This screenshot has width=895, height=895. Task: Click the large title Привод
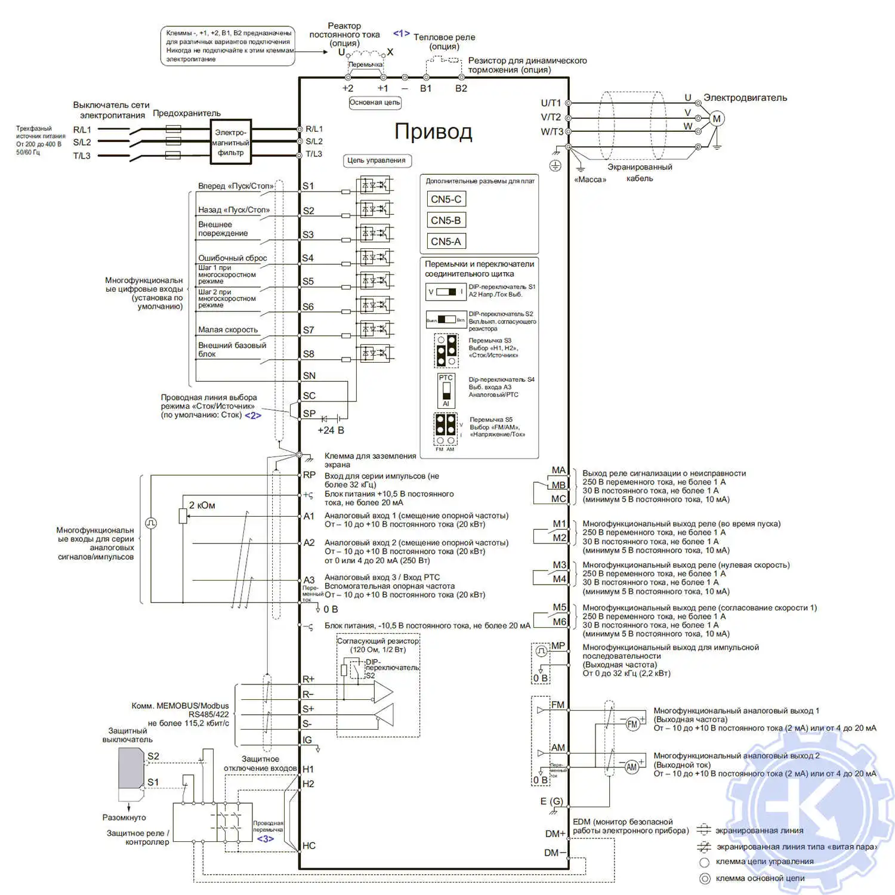(433, 131)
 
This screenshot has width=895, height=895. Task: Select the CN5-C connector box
(446, 199)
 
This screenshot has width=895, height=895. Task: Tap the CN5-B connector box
(446, 220)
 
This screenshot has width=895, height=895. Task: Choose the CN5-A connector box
(446, 241)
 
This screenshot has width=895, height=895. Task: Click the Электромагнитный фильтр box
(230, 142)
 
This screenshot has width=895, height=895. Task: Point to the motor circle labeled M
(717, 118)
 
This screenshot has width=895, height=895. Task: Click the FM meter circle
(632, 724)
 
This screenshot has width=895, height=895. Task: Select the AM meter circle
(631, 767)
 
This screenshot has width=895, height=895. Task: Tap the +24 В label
(331, 430)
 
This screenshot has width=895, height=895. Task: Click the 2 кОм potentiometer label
(202, 505)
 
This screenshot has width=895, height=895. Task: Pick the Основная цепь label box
(375, 103)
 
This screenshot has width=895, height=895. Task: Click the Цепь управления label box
(376, 161)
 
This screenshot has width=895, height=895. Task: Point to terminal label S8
(308, 354)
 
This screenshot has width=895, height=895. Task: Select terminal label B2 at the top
(461, 88)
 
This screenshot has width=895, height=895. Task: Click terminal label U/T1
(551, 103)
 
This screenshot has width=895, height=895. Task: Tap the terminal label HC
(309, 845)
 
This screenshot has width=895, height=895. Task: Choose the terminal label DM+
(555, 834)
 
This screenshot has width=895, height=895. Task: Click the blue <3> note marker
(266, 838)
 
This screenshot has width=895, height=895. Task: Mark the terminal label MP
(558, 646)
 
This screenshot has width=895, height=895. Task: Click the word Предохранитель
(187, 113)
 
